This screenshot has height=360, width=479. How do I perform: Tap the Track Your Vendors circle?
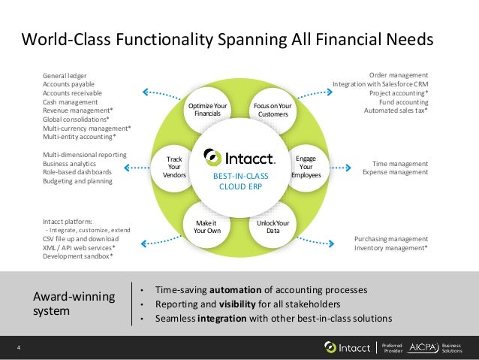[x=174, y=168]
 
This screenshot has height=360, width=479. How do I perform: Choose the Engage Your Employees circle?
[x=306, y=168]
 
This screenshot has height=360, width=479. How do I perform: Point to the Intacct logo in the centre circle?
[x=239, y=157]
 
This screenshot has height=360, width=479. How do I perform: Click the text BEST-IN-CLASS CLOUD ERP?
[x=239, y=180]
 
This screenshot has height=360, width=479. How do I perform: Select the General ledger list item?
[x=65, y=77]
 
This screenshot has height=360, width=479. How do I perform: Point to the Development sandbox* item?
[x=78, y=256]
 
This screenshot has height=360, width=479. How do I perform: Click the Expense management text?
[x=395, y=172]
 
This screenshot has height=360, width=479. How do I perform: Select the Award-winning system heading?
[x=74, y=303]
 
